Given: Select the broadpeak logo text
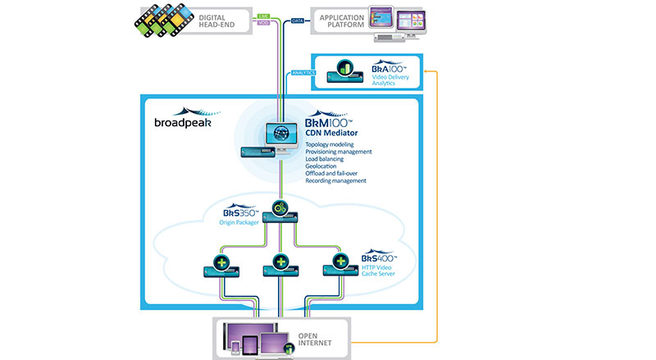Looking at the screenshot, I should [181, 124].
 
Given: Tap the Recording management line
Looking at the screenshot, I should [337, 180].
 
